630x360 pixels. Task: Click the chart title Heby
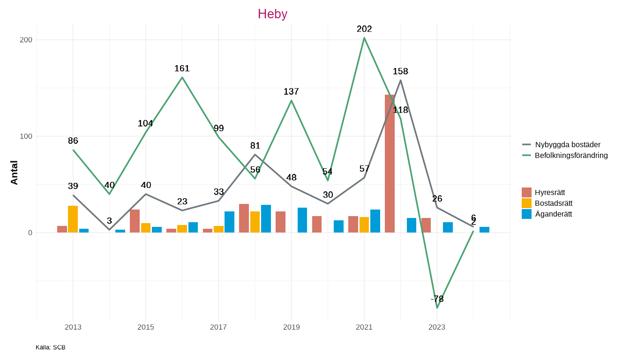pos(272,14)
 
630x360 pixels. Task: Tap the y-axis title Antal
pos(15,172)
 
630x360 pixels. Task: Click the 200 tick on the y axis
pos(26,40)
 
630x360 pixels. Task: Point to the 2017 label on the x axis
pos(218,327)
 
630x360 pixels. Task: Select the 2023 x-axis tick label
pos(437,327)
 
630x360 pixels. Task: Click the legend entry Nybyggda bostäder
pos(567,144)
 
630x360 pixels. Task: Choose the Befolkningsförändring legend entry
pos(571,155)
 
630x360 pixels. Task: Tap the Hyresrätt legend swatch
pos(526,192)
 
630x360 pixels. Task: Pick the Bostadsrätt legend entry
pos(553,203)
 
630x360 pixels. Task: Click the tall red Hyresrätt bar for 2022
pos(390,164)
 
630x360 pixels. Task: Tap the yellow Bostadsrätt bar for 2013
pos(73,219)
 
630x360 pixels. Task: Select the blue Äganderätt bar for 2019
pos(302,220)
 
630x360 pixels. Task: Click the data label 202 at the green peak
pos(364,29)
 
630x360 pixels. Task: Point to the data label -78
pos(437,299)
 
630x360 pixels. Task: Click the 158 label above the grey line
pos(400,71)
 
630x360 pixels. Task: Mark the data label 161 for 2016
pos(182,68)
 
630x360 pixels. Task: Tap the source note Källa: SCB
pos(51,347)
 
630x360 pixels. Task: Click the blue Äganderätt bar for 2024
pos(484,230)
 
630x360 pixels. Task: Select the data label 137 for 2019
pos(291,91)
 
